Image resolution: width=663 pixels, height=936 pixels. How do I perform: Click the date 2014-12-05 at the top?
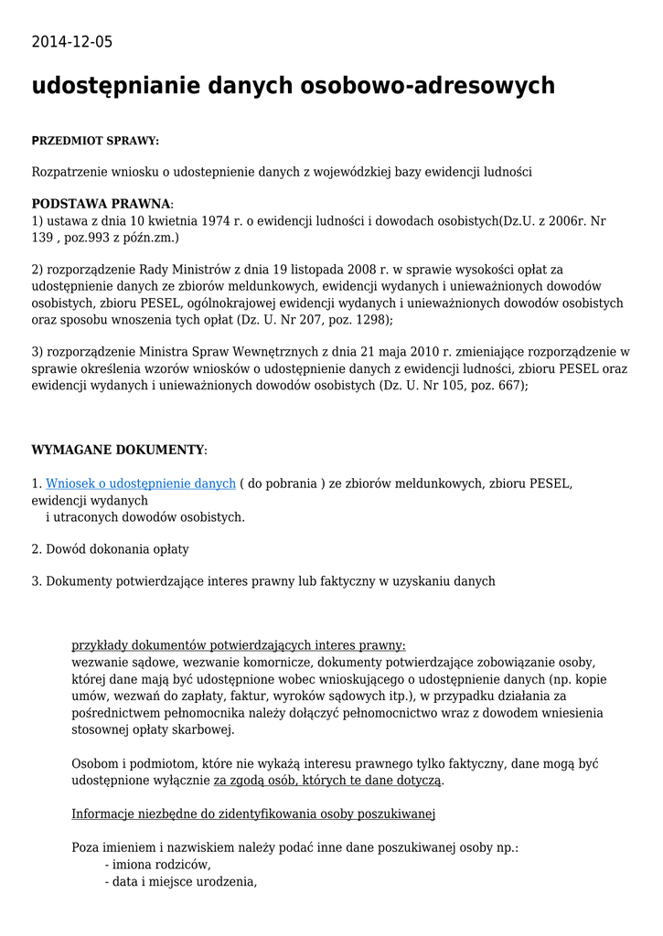pos(72,42)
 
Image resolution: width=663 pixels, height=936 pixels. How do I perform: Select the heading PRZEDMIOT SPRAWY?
pos(95,141)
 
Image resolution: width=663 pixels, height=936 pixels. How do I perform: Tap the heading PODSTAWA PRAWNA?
pos(101,204)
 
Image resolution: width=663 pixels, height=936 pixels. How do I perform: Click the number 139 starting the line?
pos(43,238)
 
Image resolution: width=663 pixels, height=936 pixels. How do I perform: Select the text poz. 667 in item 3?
pos(497,385)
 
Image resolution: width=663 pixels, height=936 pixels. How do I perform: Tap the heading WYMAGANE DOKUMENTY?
pos(117,450)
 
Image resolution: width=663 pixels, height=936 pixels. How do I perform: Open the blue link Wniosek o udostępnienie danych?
pos(141,483)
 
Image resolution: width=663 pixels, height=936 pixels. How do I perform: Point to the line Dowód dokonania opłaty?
pos(117,549)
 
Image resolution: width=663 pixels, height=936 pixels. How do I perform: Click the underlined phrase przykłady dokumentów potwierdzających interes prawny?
pos(239,645)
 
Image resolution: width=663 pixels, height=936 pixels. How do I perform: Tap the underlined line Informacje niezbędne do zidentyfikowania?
pos(253,814)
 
